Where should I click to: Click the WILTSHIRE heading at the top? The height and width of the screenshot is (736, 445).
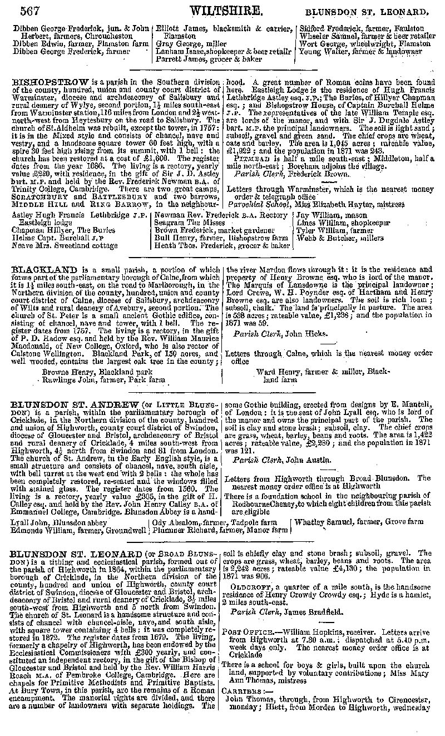[226, 11]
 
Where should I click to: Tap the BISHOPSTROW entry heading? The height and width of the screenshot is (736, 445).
[50, 82]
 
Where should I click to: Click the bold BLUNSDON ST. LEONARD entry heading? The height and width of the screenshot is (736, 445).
[77, 554]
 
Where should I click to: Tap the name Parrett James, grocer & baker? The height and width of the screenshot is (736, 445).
[209, 58]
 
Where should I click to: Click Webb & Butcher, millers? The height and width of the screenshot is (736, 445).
[340, 238]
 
